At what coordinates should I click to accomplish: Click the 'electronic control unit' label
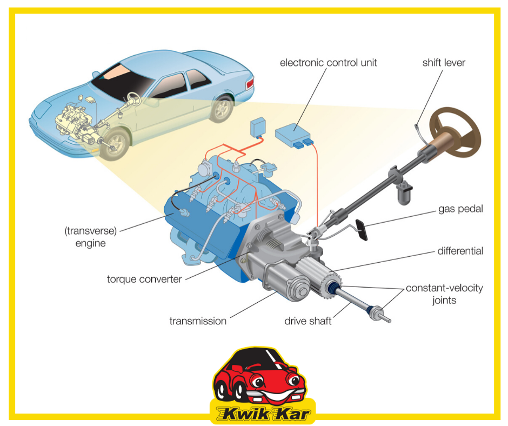pyautogui.click(x=328, y=63)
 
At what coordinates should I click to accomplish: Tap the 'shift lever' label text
pyautogui.click(x=444, y=63)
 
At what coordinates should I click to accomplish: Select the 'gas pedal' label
pyautogui.click(x=460, y=209)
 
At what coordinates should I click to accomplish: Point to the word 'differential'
pyautogui.click(x=460, y=251)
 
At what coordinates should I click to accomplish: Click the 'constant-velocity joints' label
pyautogui.click(x=444, y=294)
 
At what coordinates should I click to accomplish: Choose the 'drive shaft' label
pyautogui.click(x=308, y=321)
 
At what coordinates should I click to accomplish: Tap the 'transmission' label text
pyautogui.click(x=198, y=321)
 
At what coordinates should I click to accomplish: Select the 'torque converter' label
pyautogui.click(x=144, y=279)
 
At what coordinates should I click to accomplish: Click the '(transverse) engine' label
pyautogui.click(x=90, y=237)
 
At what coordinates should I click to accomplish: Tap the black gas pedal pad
pyautogui.click(x=362, y=230)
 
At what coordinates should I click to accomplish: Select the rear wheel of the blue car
pyautogui.click(x=222, y=108)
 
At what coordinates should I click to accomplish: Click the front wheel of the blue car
pyautogui.click(x=115, y=144)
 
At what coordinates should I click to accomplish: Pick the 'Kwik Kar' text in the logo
pyautogui.click(x=263, y=414)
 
